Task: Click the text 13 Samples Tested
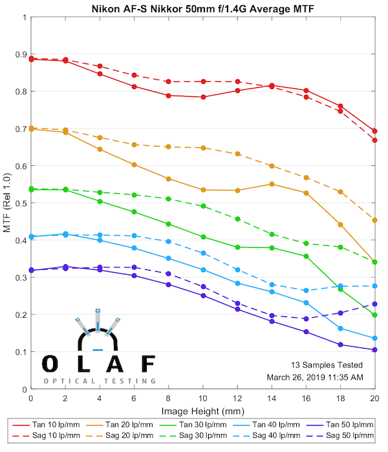pos(328,365)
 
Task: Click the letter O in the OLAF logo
pos(50,364)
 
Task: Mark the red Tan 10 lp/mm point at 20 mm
pos(375,131)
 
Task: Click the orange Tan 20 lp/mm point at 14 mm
pos(272,184)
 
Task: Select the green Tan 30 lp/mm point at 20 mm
pos(375,314)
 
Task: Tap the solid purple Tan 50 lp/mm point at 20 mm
pos(375,350)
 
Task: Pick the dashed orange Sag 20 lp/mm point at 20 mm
pos(375,220)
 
